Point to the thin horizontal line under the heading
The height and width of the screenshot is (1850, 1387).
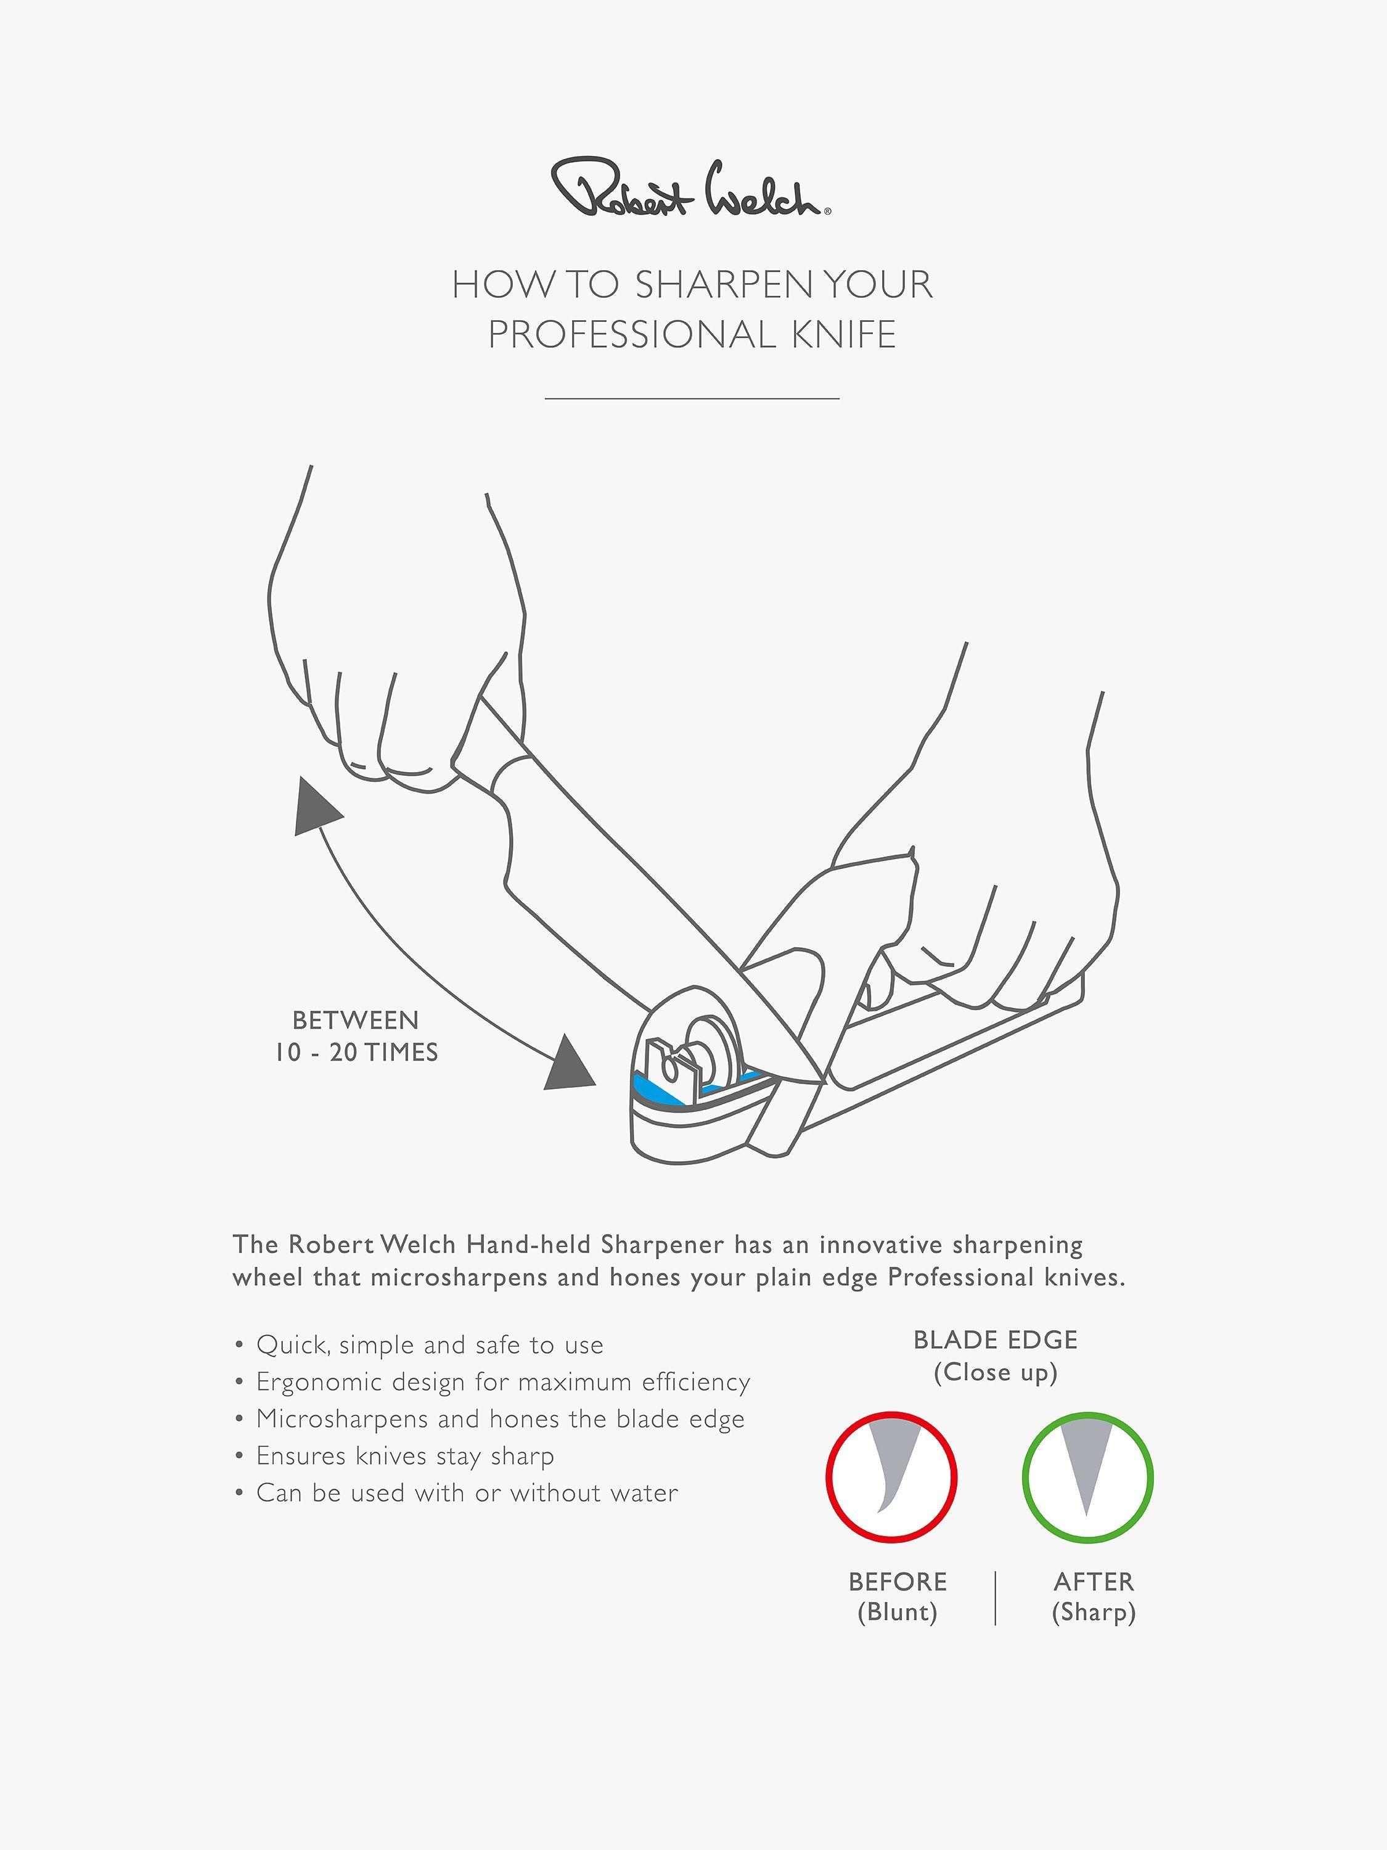click(x=692, y=399)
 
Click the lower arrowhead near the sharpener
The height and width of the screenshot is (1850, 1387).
click(x=570, y=1064)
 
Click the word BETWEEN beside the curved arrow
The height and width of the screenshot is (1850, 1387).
click(x=355, y=1021)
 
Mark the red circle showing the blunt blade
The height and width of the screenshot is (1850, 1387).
click(x=891, y=1477)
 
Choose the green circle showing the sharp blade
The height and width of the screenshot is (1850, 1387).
click(x=1087, y=1477)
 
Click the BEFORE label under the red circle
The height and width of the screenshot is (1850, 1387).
click(x=898, y=1582)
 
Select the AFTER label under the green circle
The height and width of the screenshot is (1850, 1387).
click(x=1094, y=1582)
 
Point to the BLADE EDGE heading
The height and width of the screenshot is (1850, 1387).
click(x=996, y=1340)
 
